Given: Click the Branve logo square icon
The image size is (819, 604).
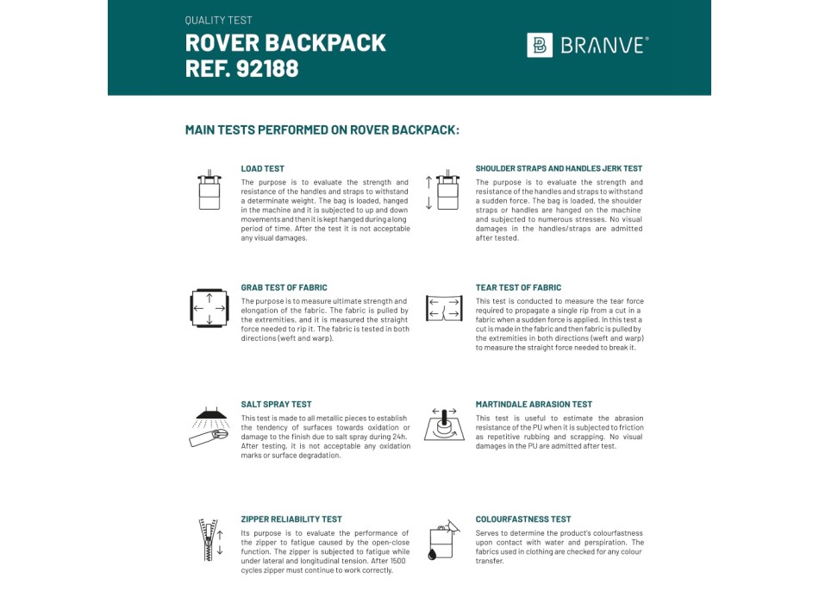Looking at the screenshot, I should [540, 45].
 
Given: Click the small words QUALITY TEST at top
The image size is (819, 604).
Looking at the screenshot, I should [219, 20].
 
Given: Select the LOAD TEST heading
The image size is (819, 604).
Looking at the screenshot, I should [262, 169].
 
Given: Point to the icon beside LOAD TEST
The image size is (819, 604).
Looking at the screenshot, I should [209, 190].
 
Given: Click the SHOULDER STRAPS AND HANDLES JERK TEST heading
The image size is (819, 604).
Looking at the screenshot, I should [559, 169].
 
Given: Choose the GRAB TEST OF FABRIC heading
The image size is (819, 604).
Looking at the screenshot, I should [284, 287].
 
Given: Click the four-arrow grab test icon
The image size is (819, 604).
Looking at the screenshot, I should [209, 308].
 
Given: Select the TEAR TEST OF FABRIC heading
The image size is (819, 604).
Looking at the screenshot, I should [518, 287].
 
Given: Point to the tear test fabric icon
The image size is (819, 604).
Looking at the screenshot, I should [444, 308].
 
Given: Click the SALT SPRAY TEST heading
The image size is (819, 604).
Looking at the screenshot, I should [276, 404].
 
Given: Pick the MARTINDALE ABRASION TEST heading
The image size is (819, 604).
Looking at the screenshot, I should [534, 404].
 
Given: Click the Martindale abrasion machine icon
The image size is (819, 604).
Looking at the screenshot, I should [444, 425].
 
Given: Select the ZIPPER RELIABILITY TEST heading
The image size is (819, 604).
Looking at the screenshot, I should [291, 519].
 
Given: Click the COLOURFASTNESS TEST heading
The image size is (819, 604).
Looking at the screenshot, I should [523, 519].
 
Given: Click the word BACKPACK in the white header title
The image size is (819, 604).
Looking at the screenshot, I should [333, 42].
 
